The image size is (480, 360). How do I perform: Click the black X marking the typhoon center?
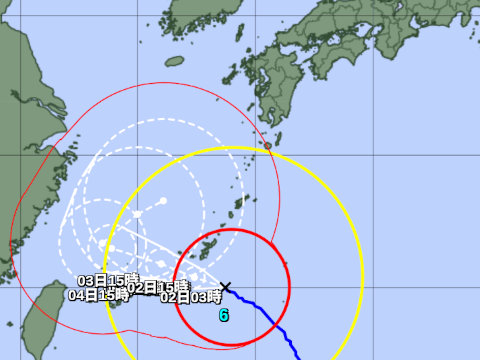[x=226, y=287]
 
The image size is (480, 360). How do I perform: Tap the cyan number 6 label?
[x=224, y=314]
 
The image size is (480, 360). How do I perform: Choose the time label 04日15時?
[x=99, y=296]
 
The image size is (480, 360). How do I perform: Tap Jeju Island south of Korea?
[x=174, y=61]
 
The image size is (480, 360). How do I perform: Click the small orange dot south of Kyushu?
[x=267, y=146]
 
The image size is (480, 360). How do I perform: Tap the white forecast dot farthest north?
[x=163, y=201]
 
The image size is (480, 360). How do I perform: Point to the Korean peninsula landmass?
[x=210, y=15]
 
